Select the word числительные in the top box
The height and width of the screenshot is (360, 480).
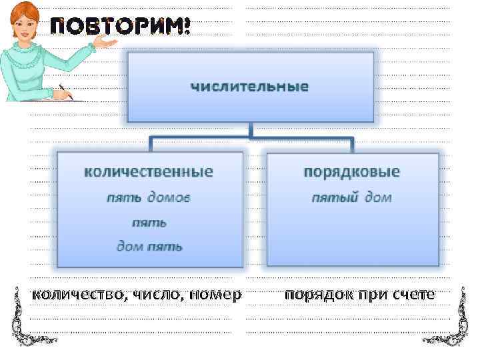click(x=250, y=87)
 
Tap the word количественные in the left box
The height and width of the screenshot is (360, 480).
click(x=149, y=172)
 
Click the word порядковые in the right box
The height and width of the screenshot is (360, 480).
click(x=352, y=172)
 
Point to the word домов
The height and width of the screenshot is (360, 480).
click(x=169, y=198)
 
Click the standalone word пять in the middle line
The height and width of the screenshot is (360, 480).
click(x=149, y=222)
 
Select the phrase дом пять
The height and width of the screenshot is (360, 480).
click(x=149, y=246)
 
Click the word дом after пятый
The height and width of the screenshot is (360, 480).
click(x=378, y=198)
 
